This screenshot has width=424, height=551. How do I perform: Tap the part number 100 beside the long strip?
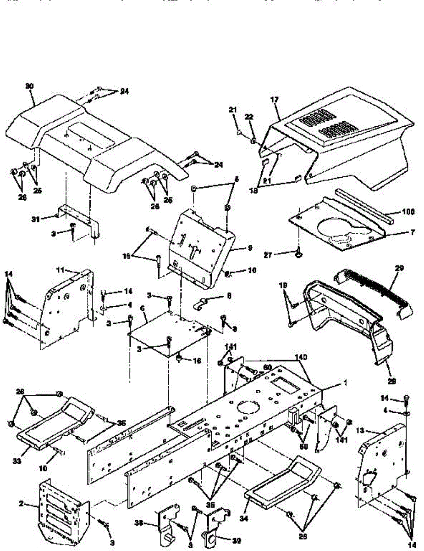point(408,212)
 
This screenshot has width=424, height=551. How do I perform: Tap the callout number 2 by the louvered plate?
point(21,504)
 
